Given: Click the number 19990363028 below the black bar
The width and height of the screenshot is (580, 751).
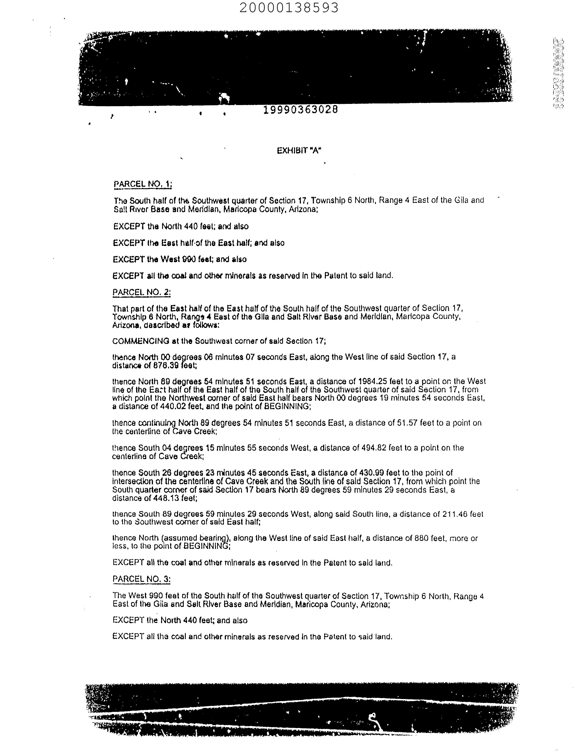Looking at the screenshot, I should pos(300,110).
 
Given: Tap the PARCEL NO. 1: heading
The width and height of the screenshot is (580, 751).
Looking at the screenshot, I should pos(143,184).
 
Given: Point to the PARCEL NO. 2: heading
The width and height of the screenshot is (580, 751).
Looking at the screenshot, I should pos(142,292).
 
